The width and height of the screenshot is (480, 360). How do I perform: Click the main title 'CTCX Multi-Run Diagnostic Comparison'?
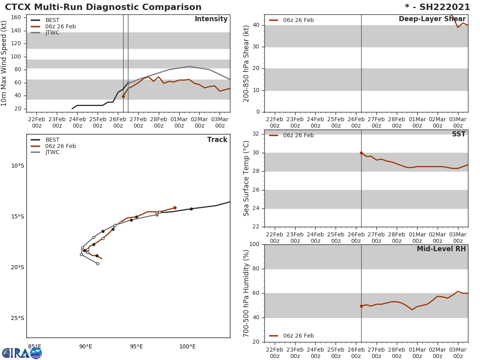pyautogui.click(x=103, y=7)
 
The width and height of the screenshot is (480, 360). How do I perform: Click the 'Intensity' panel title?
pyautogui.click(x=211, y=19)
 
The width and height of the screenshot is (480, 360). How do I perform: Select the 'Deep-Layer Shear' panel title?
pyautogui.click(x=432, y=19)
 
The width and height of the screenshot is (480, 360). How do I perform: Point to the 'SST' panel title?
pyautogui.click(x=458, y=134)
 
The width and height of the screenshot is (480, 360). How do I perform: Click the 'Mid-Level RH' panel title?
pyautogui.click(x=441, y=249)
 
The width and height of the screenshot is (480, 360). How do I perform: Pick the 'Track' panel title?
pyautogui.click(x=217, y=140)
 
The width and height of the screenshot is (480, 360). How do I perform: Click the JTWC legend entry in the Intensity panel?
pyautogui.click(x=52, y=33)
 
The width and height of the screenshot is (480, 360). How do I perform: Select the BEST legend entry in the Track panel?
pyautogui.click(x=52, y=140)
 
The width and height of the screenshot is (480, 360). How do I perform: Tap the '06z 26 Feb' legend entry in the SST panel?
pyautogui.click(x=298, y=136)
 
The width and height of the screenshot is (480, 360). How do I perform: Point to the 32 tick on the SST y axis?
pyautogui.click(x=255, y=134)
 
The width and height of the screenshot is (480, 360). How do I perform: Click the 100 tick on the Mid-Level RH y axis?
pyautogui.click(x=254, y=244)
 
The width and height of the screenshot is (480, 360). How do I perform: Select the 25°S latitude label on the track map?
pyautogui.click(x=17, y=318)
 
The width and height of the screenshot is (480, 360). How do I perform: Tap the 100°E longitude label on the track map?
pyautogui.click(x=187, y=347)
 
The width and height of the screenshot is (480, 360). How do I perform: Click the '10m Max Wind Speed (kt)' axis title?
pyautogui.click(x=4, y=63)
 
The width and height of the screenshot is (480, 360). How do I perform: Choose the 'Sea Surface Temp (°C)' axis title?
pyautogui.click(x=246, y=178)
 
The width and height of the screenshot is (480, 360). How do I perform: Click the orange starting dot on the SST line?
pyautogui.click(x=361, y=153)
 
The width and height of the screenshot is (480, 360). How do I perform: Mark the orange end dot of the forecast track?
pyautogui.click(x=175, y=208)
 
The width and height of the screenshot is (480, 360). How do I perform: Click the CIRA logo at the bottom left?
pyautogui.click(x=22, y=353)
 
